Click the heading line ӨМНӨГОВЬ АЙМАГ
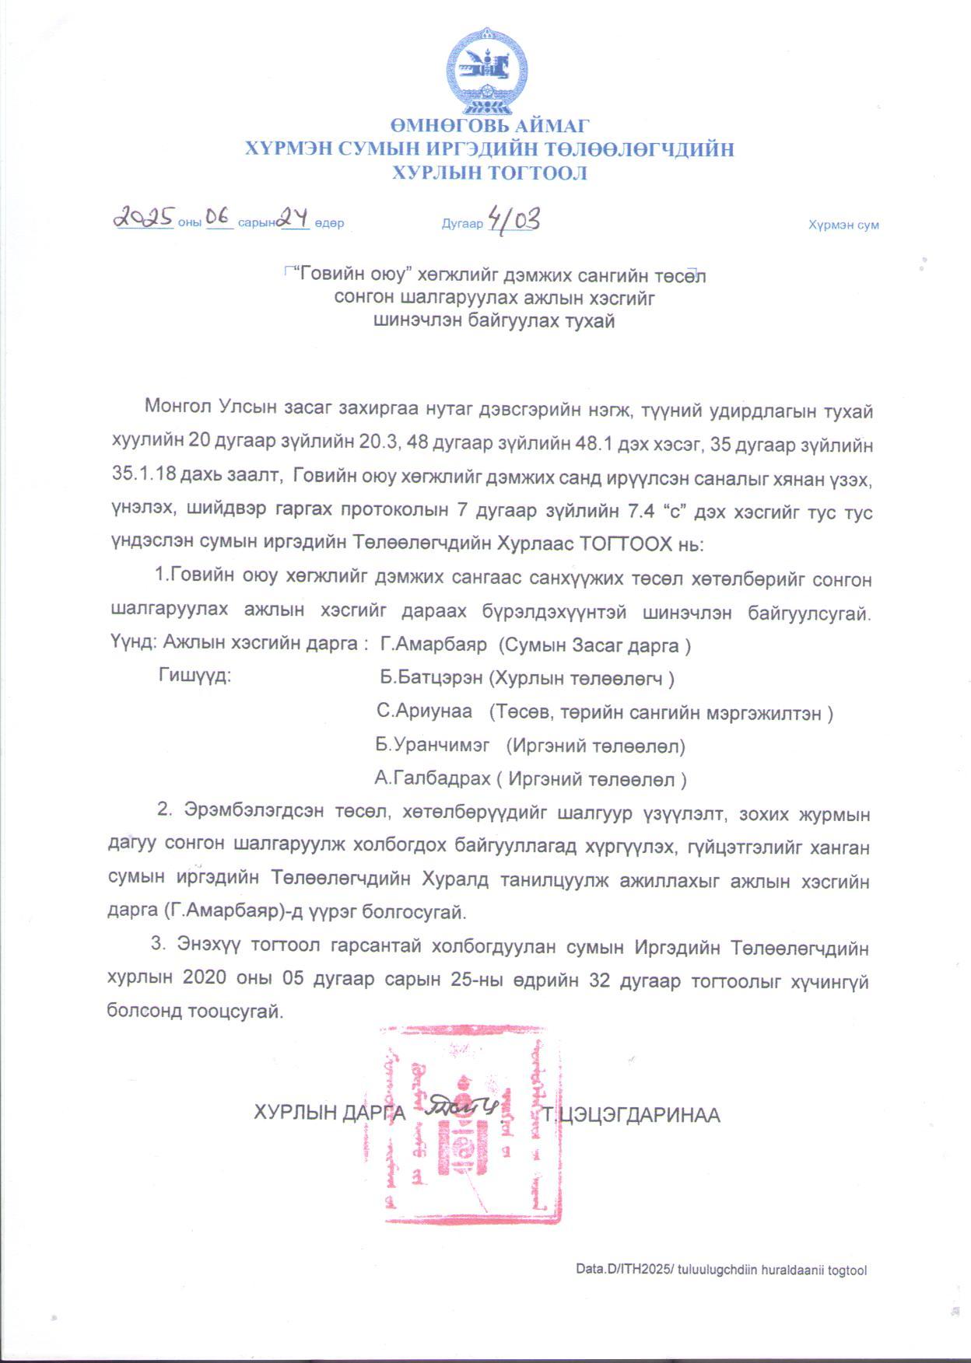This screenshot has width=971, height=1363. point(489,125)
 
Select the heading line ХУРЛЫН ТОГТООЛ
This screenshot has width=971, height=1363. point(489,173)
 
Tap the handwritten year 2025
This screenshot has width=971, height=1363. point(144,218)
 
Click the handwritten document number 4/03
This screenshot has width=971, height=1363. point(512,219)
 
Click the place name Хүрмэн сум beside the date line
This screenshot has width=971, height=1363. point(843,225)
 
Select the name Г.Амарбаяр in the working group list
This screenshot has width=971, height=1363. point(433,645)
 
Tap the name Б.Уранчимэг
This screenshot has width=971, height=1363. point(432,745)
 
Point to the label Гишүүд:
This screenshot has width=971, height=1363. point(195,675)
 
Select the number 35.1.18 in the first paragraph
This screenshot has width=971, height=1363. point(138,478)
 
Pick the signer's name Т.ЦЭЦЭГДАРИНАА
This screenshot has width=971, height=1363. point(632,1115)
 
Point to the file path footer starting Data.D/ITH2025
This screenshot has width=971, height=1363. point(720,1270)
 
